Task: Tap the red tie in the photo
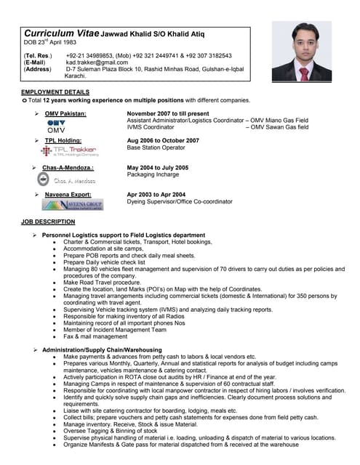tap(304, 73)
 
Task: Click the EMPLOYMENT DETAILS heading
tap(56, 92)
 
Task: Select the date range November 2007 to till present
tap(168, 114)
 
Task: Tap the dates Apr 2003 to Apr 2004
tap(156, 195)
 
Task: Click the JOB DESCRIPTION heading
tap(48, 221)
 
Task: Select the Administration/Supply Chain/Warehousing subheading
tap(102, 349)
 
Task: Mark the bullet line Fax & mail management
tap(95, 336)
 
